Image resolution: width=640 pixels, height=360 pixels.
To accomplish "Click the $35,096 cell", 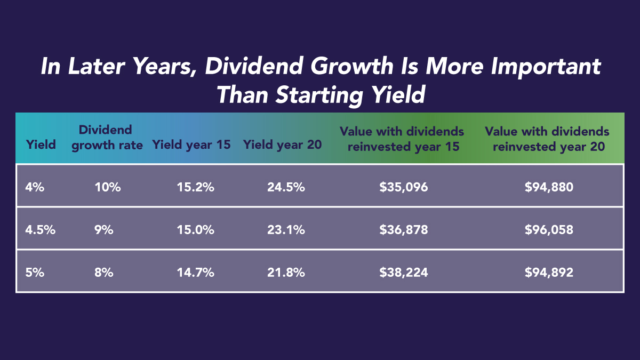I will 403,187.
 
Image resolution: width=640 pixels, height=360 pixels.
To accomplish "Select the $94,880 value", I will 548,187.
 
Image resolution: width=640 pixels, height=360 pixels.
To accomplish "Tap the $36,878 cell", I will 403,230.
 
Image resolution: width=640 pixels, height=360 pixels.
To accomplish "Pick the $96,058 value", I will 548,230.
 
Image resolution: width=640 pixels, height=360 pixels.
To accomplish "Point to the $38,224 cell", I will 403,273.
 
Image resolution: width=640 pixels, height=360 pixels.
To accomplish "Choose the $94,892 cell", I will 548,273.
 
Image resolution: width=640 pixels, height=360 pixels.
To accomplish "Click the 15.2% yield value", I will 195,187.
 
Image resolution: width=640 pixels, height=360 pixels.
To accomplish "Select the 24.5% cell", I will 286,187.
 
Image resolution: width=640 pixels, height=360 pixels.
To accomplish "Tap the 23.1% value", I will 286,230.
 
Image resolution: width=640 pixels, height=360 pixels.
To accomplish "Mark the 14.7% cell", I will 195,273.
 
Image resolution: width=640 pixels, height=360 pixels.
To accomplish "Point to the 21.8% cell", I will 286,273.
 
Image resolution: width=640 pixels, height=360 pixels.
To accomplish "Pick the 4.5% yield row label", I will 40,230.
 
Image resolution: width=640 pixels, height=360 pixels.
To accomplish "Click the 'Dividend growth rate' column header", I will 107,138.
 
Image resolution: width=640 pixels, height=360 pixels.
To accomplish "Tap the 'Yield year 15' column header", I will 191,145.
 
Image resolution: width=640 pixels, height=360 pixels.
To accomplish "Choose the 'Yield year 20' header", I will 283,145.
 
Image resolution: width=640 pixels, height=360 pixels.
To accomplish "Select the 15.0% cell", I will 195,230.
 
